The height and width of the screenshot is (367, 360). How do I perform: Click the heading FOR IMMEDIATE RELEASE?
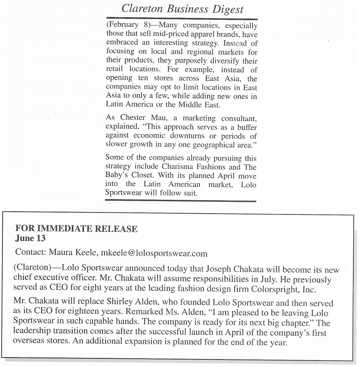pos(76,229)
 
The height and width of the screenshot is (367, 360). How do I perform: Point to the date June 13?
pos(30,238)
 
